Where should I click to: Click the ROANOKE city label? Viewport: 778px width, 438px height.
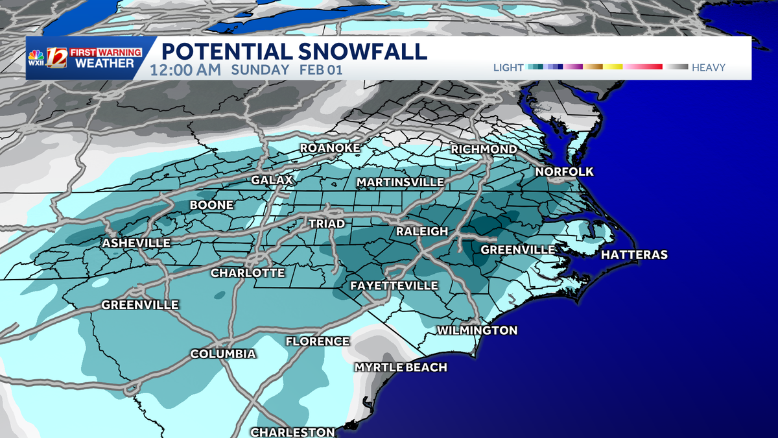click(x=327, y=149)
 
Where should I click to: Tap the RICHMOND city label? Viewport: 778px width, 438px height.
click(x=484, y=149)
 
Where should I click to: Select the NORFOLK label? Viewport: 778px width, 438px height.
click(x=564, y=172)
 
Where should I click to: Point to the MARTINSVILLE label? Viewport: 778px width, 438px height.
click(x=400, y=182)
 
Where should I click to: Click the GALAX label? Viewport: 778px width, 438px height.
click(x=272, y=180)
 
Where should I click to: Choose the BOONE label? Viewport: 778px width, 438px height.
click(x=211, y=206)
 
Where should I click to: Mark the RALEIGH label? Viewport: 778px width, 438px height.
click(x=422, y=232)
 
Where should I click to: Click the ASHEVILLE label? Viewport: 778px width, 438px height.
click(x=136, y=243)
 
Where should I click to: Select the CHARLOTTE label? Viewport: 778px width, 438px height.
click(x=248, y=273)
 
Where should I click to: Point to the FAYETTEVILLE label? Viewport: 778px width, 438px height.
click(x=394, y=286)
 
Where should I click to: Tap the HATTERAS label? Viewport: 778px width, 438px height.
click(x=633, y=254)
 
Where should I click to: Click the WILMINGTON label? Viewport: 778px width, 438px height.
click(x=477, y=330)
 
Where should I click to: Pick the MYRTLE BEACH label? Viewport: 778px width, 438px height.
click(x=401, y=367)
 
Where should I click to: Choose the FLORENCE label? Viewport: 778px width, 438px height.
click(x=317, y=341)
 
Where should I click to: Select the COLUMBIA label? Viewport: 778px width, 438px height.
click(x=222, y=354)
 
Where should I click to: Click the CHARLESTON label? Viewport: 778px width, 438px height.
click(x=292, y=432)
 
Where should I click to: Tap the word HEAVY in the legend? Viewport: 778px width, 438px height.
click(x=708, y=67)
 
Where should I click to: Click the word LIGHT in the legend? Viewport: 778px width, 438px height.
click(x=509, y=67)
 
